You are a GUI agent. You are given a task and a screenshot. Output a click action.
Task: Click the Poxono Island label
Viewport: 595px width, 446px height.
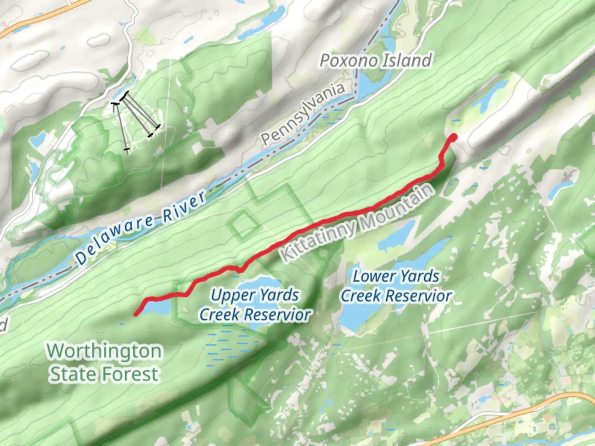pyautogui.click(x=376, y=61)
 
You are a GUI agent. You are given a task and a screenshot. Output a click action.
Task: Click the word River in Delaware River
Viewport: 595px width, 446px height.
pyautogui.click(x=184, y=206)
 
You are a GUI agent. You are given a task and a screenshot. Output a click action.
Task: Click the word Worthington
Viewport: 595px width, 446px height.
pyautogui.click(x=104, y=351)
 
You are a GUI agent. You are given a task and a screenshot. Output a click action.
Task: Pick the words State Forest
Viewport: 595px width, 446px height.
pyautogui.click(x=104, y=374)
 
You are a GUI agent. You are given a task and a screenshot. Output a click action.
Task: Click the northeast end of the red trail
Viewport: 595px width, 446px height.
pyautogui.click(x=453, y=137)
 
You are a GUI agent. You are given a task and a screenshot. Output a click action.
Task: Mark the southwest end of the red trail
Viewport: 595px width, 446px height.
pyautogui.click(x=136, y=315)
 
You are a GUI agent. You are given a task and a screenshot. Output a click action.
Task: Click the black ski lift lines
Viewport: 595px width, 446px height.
pyautogui.click(x=136, y=120)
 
